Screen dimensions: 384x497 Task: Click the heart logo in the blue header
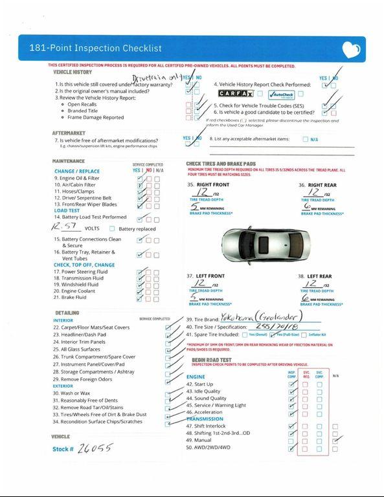tap(350, 49)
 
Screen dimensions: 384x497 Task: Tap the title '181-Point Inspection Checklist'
tap(95, 49)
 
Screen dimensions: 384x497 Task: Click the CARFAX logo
tap(235, 94)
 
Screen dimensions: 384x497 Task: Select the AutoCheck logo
tap(281, 94)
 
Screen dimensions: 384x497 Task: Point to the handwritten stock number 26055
tap(95, 448)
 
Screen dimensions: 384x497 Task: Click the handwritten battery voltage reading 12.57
tap(66, 228)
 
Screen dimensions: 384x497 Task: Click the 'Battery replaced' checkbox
tap(112, 228)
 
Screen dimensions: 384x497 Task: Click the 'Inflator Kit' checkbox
tap(305, 335)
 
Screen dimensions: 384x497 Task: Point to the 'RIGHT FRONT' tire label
tap(209, 185)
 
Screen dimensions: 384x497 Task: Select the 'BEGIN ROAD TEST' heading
tap(212, 359)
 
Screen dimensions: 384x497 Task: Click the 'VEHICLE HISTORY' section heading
tap(72, 72)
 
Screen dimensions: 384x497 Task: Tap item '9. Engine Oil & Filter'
tap(76, 178)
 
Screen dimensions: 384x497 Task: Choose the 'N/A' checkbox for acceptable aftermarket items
tap(305, 139)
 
